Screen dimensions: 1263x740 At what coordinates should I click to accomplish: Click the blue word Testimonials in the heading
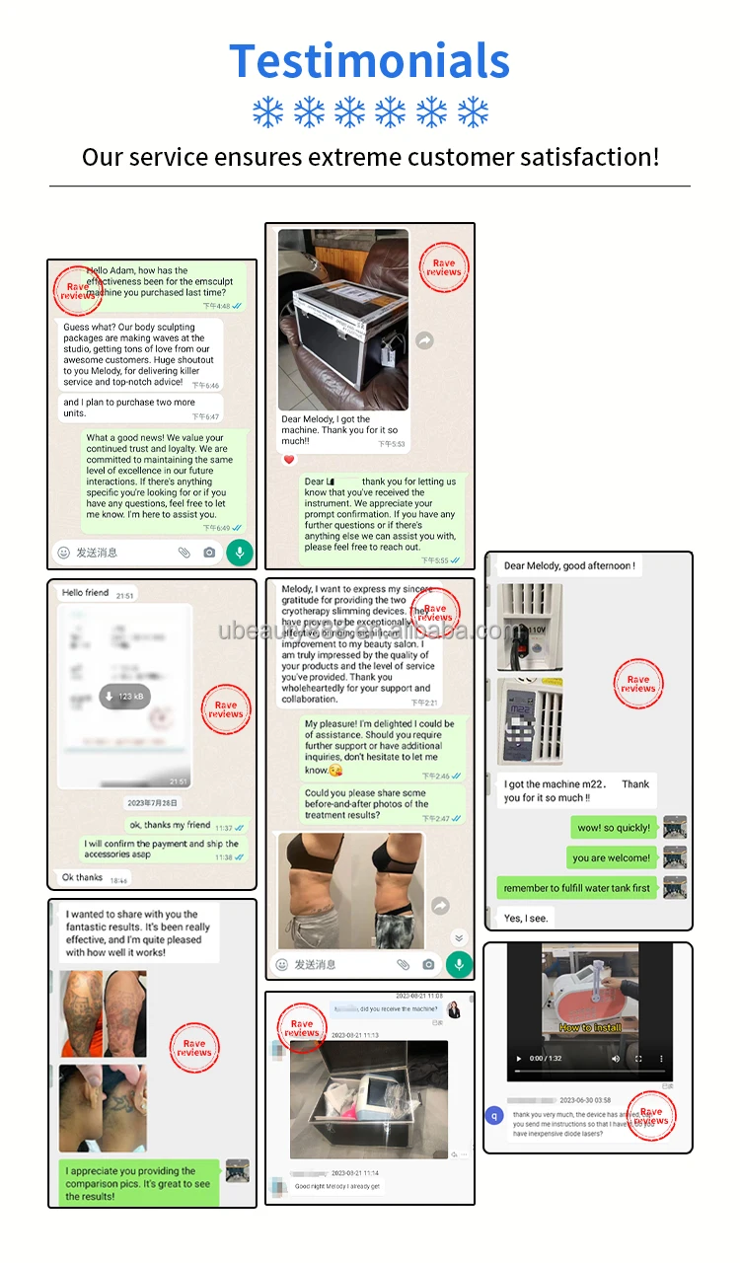pyautogui.click(x=369, y=61)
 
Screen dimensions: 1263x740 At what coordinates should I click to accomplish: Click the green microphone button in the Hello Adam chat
pyautogui.click(x=239, y=553)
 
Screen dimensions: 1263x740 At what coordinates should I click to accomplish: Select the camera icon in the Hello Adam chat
pyautogui.click(x=209, y=553)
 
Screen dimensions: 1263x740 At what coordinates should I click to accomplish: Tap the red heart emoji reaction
pyautogui.click(x=289, y=460)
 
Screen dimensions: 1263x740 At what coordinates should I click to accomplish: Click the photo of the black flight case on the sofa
pyautogui.click(x=343, y=320)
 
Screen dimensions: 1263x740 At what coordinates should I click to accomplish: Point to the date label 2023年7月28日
pyautogui.click(x=153, y=803)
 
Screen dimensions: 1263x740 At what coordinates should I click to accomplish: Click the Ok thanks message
pyautogui.click(x=84, y=877)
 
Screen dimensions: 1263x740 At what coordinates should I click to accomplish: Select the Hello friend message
pyautogui.click(x=86, y=594)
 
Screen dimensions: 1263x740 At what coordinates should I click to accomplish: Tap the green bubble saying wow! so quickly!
pyautogui.click(x=614, y=828)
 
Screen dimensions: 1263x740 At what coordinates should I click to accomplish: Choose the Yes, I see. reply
pyautogui.click(x=526, y=918)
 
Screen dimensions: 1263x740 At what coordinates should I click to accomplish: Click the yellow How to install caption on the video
pyautogui.click(x=590, y=1027)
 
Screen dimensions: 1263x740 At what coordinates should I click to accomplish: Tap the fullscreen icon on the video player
pyautogui.click(x=638, y=1059)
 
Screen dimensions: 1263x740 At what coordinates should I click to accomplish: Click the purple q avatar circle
pyautogui.click(x=495, y=1116)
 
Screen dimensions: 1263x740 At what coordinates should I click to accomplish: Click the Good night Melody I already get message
pyautogui.click(x=337, y=1186)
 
